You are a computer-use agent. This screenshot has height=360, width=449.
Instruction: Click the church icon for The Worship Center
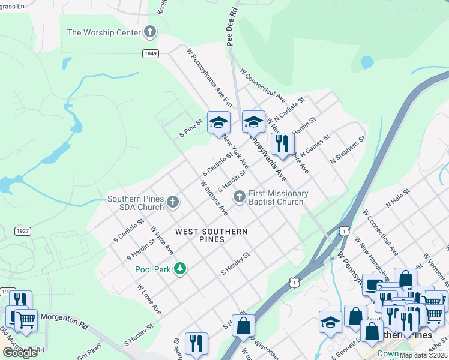point(150,32)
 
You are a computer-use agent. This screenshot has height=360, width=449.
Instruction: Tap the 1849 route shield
point(151,53)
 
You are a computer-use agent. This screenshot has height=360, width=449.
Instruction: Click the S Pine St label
point(191,130)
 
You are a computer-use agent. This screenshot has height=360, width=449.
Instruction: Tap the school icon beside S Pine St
point(219,122)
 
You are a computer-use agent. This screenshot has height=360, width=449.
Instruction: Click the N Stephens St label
point(348,151)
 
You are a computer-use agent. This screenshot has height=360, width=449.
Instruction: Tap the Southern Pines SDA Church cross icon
point(173,202)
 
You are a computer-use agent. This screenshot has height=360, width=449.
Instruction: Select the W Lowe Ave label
point(149,299)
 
